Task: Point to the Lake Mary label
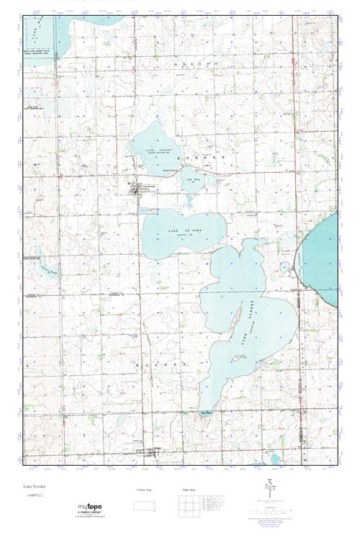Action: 192,178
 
